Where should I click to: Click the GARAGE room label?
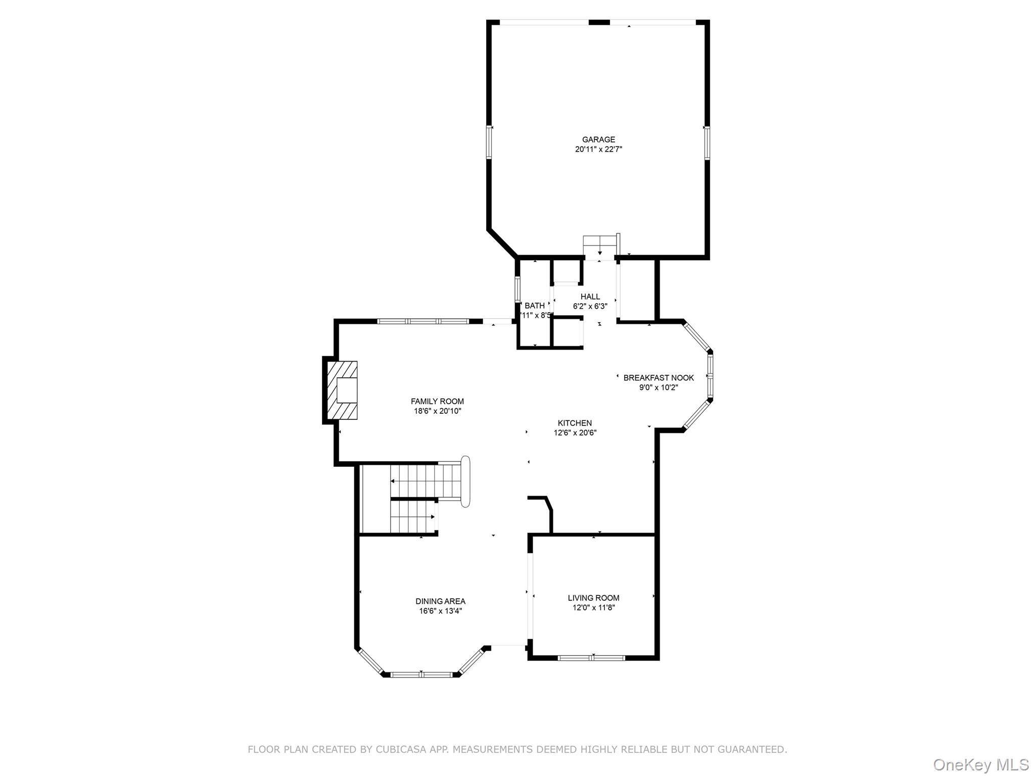click(x=598, y=139)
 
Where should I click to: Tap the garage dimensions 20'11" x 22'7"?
click(x=598, y=150)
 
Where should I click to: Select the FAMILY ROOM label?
click(x=437, y=402)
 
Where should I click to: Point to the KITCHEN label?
click(x=575, y=423)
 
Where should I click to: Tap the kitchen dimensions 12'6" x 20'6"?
click(x=575, y=433)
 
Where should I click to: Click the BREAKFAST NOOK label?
click(x=658, y=378)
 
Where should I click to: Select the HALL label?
click(x=590, y=297)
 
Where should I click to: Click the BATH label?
click(x=535, y=306)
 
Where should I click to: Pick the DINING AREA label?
click(x=440, y=601)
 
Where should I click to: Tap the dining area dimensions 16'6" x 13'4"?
click(x=440, y=611)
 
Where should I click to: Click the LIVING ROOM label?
click(x=593, y=598)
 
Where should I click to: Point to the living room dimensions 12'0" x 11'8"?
click(x=593, y=608)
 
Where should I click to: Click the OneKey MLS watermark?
click(x=980, y=764)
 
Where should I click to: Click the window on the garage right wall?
click(x=707, y=143)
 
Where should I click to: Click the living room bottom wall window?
click(x=592, y=658)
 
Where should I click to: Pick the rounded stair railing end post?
click(x=465, y=481)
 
